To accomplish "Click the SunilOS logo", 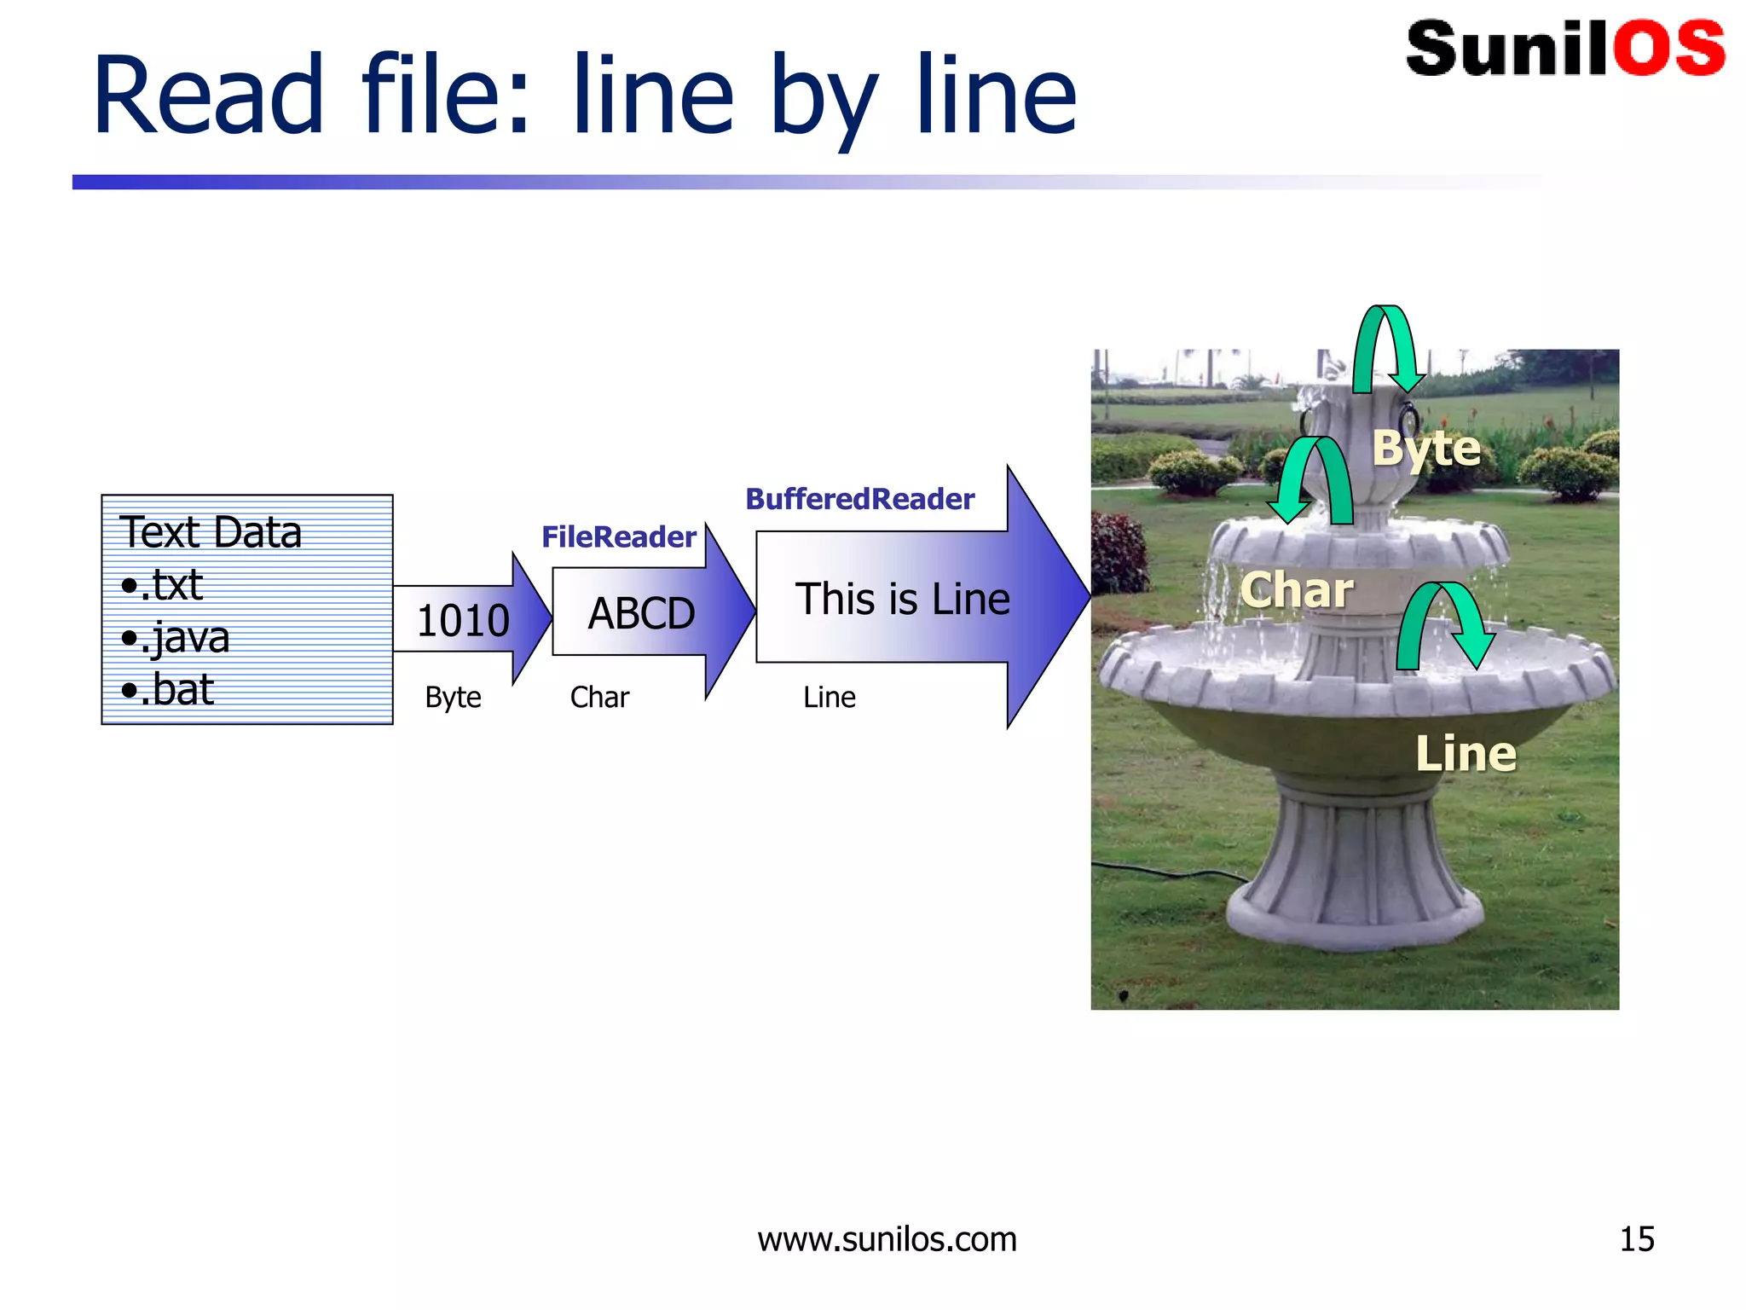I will point(1564,49).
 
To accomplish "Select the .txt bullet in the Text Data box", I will point(164,586).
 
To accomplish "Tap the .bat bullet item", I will point(169,690).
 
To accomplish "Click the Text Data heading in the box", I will point(211,532).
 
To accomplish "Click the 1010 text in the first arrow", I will point(463,620).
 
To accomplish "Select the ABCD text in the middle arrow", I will point(641,614).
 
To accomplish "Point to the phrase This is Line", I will point(902,599).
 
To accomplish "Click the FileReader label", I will point(619,536).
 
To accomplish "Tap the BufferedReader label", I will point(859,499).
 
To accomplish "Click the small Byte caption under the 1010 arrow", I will point(453,698).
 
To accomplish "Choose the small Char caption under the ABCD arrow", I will point(599,698).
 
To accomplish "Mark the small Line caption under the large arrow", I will point(829,698).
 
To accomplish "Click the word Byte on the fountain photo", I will point(1425,449).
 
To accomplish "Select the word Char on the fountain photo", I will point(1296,590).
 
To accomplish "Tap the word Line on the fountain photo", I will point(1466,754).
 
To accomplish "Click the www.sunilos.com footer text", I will point(887,1239).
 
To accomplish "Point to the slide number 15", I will point(1636,1239).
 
